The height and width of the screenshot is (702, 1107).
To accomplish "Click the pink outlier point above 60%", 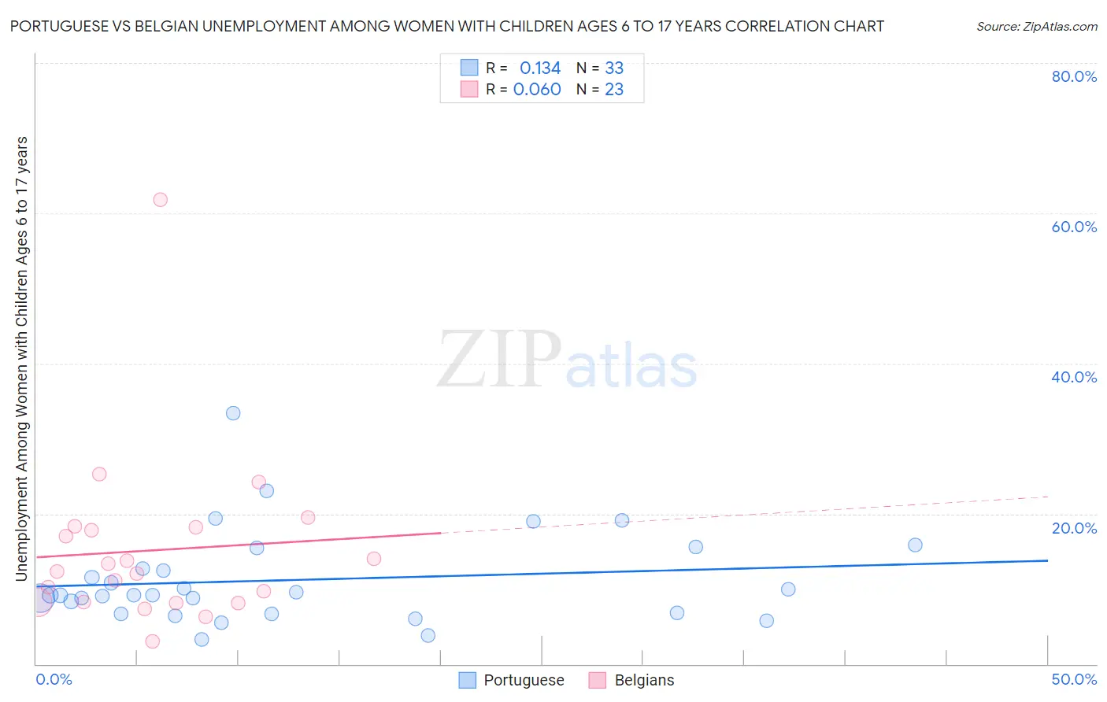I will pyautogui.click(x=160, y=200).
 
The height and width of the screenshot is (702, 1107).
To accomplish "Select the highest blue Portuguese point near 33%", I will pyautogui.click(x=233, y=413).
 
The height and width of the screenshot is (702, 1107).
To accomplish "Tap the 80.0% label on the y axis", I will pyautogui.click(x=1074, y=76).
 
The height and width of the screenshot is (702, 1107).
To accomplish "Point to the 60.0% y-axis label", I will pyautogui.click(x=1074, y=227).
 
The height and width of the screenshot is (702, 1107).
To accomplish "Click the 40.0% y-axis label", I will pyautogui.click(x=1074, y=377).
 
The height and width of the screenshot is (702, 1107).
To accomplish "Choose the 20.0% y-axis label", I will pyautogui.click(x=1074, y=527).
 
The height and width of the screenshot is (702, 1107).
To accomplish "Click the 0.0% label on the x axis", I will pyautogui.click(x=54, y=679).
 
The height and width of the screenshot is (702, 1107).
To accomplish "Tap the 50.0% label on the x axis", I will pyautogui.click(x=1074, y=679).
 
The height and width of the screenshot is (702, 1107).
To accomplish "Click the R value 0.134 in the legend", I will pyautogui.click(x=540, y=68).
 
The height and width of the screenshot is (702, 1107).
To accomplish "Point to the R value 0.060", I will pyautogui.click(x=537, y=90).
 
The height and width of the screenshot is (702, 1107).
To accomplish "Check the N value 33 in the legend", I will pyautogui.click(x=614, y=68).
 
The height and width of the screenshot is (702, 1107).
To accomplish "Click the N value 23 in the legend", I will pyautogui.click(x=614, y=90).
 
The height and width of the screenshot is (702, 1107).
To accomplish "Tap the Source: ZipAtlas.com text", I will pyautogui.click(x=1037, y=27).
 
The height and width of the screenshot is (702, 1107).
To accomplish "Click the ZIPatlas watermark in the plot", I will pyautogui.click(x=567, y=360).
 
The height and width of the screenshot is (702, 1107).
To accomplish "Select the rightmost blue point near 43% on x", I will pyautogui.click(x=915, y=545).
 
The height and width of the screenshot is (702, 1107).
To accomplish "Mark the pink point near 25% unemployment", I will pyautogui.click(x=99, y=475).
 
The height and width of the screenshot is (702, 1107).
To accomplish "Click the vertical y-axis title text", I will pyautogui.click(x=22, y=358).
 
